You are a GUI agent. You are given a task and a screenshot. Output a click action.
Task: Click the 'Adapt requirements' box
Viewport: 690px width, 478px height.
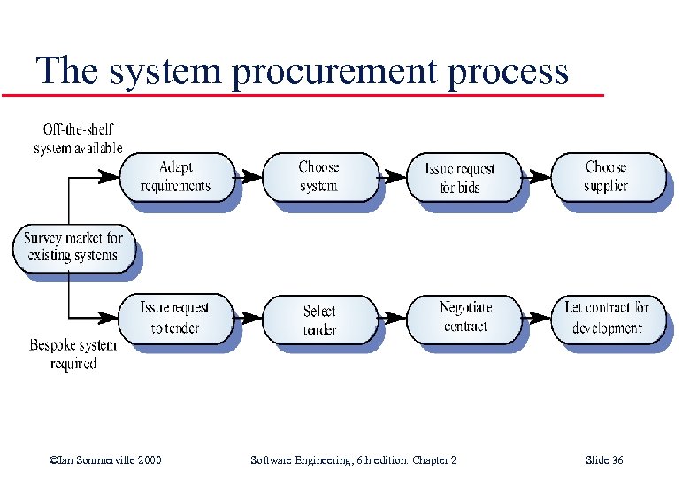coord(175,176)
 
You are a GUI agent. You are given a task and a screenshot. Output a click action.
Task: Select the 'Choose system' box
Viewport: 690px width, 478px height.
coord(318,176)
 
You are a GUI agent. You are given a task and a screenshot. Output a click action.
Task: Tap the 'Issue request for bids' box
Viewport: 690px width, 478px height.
coord(460,177)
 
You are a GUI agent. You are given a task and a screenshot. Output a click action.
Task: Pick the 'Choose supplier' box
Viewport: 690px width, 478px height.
coord(606,176)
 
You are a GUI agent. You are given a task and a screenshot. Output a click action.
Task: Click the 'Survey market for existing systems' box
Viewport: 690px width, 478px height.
coord(73,247)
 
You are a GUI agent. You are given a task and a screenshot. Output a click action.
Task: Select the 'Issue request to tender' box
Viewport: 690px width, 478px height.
coord(175,318)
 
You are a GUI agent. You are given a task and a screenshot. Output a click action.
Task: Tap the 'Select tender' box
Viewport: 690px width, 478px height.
coord(319,320)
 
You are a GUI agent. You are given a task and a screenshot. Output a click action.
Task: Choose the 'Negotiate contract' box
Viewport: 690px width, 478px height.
coord(464,317)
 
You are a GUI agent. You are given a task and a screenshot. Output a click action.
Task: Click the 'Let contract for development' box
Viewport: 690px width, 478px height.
coord(607,318)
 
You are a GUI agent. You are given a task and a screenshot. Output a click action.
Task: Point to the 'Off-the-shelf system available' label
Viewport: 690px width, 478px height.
coord(78,139)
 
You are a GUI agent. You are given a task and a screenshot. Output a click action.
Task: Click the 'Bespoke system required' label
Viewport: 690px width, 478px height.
coord(73,354)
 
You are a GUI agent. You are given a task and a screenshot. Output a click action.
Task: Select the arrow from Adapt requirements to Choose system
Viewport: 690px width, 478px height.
coord(249,176)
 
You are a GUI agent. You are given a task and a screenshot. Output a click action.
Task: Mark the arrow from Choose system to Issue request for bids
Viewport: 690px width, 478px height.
coord(393,176)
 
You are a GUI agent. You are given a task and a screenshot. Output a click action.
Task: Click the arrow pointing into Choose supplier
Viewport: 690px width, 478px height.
coord(536,176)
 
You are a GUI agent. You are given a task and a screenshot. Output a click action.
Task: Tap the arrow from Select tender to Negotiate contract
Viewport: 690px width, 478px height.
coord(393,319)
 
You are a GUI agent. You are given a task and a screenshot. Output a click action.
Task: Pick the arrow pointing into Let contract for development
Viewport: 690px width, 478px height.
coord(536,319)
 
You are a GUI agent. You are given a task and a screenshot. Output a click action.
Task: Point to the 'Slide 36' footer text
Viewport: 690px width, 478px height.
coord(604,460)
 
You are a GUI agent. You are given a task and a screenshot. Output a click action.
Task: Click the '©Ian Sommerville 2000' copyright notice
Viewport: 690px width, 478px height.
coord(105,460)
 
